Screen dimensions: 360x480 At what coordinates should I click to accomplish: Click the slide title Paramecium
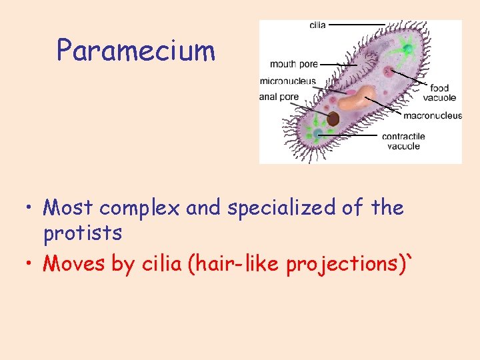[136, 51]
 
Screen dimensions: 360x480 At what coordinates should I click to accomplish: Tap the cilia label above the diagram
[317, 25]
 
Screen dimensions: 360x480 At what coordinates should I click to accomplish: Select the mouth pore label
[293, 65]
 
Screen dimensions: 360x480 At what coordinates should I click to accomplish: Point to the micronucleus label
[287, 81]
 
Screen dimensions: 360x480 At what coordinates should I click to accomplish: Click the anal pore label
[279, 97]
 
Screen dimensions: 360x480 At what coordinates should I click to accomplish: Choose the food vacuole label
[439, 93]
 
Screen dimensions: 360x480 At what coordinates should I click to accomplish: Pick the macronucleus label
[432, 115]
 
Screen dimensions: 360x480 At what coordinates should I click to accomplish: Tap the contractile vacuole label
[403, 141]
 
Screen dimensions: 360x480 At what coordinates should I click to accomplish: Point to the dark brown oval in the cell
[333, 119]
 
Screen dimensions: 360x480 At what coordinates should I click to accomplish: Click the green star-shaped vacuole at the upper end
[406, 49]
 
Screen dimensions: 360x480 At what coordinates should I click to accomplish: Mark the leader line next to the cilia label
[357, 25]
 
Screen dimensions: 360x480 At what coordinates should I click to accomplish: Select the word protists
[83, 233]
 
